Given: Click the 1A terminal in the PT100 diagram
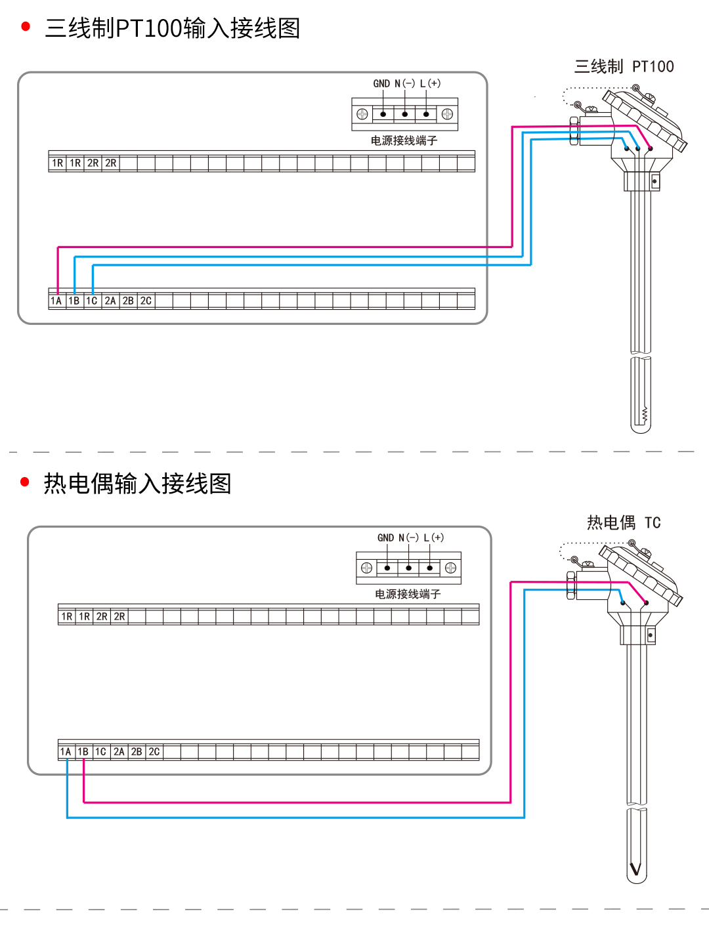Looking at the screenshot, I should pos(56,301).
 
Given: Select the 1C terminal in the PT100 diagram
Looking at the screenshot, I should pos(92,301).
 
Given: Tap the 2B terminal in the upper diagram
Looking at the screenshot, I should pos(128,301).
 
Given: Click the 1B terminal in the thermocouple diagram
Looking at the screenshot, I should pos(83,752).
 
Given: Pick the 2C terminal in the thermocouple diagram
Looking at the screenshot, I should pos(154,752).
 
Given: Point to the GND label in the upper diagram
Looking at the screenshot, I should pos(381,84).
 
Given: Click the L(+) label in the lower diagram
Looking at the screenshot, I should pos(434,538).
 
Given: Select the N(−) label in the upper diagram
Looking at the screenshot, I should pos(405,84).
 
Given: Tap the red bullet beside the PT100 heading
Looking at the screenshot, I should pos(26,27).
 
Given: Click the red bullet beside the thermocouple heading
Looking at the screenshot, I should pos(26,482).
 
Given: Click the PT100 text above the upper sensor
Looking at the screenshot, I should pos(653,67).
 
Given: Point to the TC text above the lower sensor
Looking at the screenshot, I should pos(653,523).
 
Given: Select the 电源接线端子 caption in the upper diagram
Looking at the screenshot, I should pos(404,140).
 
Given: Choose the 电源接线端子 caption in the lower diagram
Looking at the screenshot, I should pos(408,595).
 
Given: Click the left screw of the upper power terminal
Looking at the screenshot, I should pos(362,114).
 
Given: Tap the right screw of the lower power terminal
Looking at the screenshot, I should pos(450,568).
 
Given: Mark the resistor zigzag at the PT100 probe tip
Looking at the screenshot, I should pos(645,414).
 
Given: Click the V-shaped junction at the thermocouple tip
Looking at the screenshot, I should pos(635,870).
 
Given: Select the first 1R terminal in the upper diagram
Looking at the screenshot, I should pos(58,163).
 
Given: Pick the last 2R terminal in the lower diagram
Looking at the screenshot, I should pos(119,617).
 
